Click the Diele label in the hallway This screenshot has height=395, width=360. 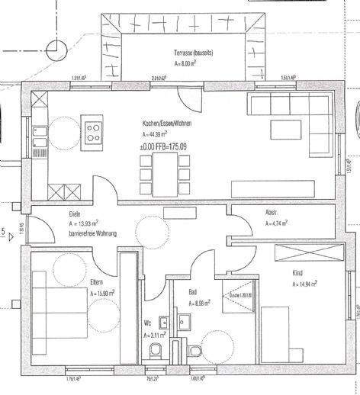[x=75, y=214]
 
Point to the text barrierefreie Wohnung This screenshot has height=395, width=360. [x=92, y=233]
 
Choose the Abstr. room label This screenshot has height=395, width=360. [x=271, y=214]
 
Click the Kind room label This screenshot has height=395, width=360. [x=297, y=272]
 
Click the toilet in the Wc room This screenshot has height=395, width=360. [x=156, y=351]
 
